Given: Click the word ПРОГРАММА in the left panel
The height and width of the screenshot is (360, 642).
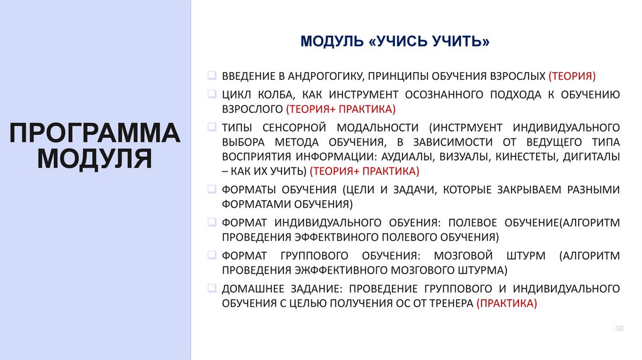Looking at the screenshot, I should click(95, 134).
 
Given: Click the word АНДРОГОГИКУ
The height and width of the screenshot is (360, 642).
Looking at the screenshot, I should click(324, 77).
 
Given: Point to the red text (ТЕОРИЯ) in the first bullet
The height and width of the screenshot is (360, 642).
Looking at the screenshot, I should click(572, 77).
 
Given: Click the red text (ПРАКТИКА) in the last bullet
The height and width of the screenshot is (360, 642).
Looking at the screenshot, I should click(507, 303).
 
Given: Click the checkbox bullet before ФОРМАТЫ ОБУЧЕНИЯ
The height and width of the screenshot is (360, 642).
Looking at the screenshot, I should click(211, 189).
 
